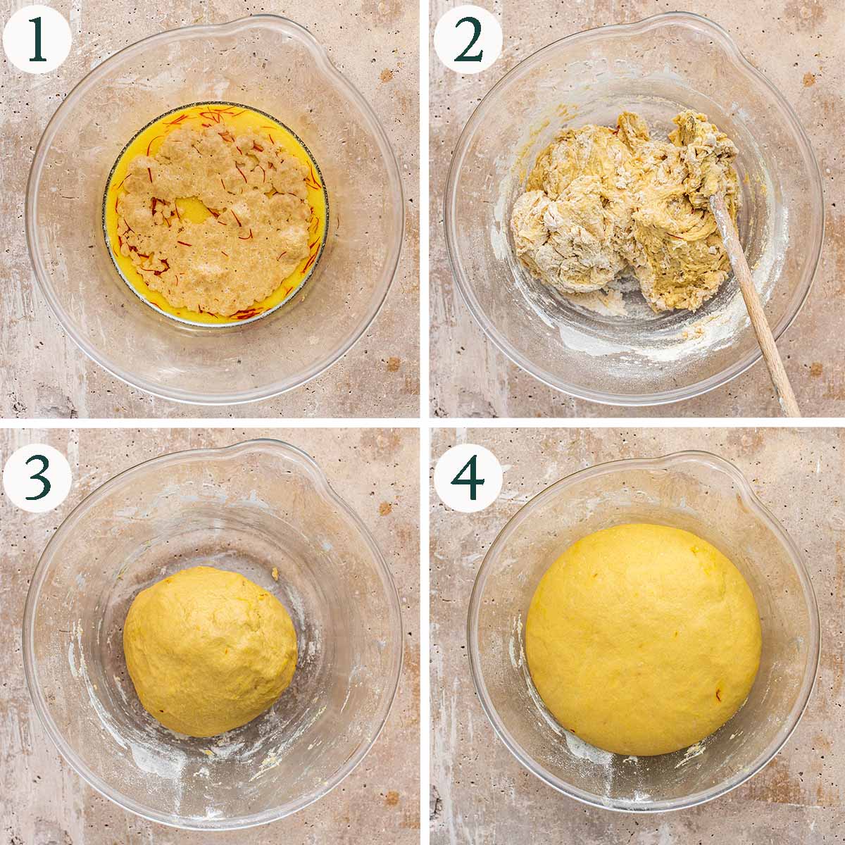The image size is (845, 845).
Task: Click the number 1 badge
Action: click(37, 37)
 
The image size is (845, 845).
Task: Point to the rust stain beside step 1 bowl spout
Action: click(385, 76)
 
